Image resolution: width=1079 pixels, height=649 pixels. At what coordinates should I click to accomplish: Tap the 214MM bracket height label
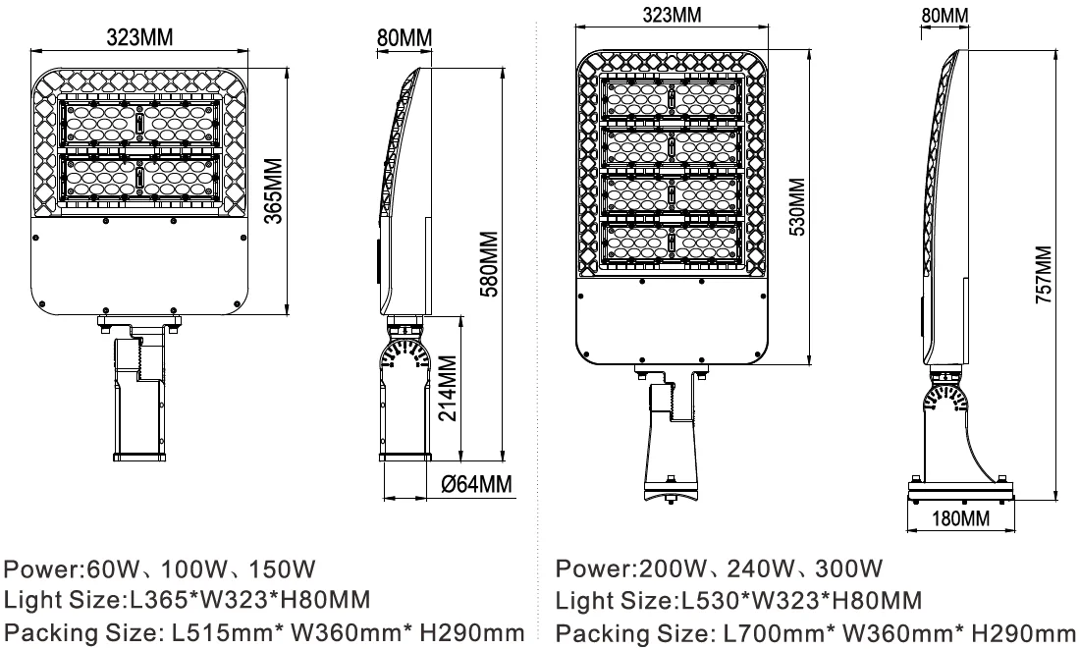click(447, 389)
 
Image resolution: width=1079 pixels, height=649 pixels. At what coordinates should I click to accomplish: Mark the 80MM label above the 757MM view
click(944, 15)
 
